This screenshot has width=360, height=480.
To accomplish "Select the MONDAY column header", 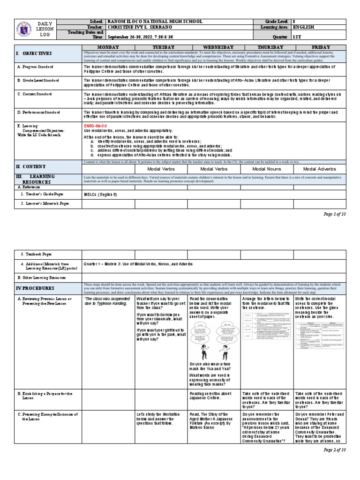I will pyautogui.click(x=108, y=47).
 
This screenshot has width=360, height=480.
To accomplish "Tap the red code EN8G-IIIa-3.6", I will pyautogui.click(x=96, y=126).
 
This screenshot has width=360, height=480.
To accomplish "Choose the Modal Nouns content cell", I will pyautogui.click(x=266, y=169).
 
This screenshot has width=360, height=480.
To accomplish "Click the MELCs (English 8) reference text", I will pyautogui.click(x=100, y=194).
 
